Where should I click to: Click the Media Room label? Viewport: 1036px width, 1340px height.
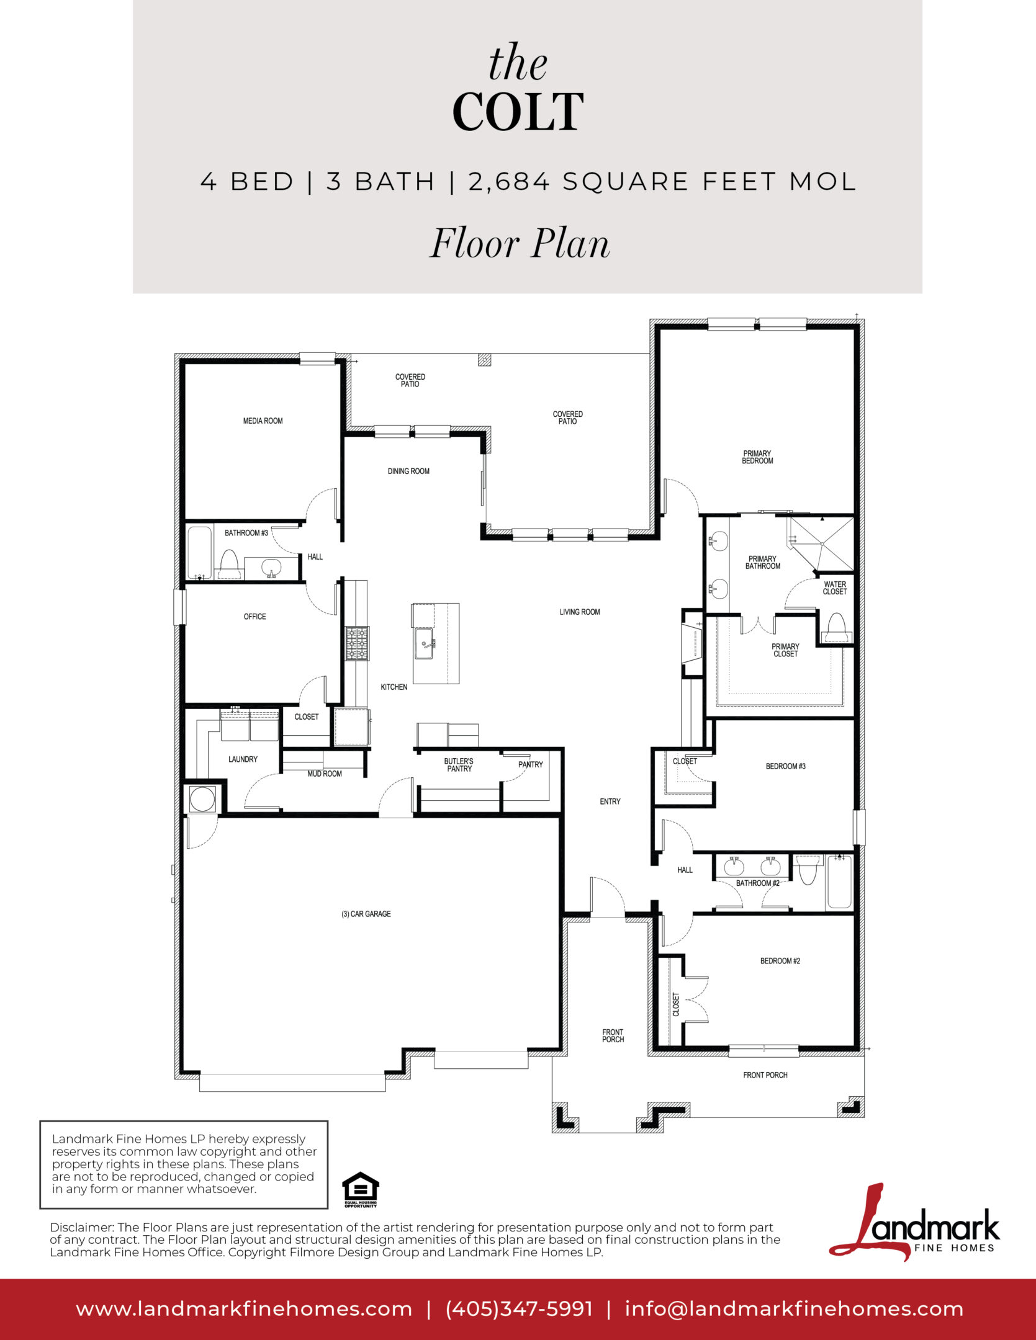coord(263,421)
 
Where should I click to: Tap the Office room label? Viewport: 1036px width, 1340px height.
coord(254,617)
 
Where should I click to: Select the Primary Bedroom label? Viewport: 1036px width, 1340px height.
coord(757,457)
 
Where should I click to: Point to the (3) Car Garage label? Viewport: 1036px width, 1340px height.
coord(366,914)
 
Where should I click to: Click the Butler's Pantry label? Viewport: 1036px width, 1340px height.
coord(459,765)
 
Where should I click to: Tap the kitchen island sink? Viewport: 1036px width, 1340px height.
coord(424,642)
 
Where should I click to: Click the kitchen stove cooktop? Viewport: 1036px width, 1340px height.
coord(357,643)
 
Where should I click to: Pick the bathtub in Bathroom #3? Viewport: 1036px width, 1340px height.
coord(200,553)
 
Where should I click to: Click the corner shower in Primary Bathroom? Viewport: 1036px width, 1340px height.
coord(821,543)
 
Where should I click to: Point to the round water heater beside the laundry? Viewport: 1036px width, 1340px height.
coord(202,799)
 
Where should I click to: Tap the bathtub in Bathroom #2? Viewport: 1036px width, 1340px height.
coord(839,882)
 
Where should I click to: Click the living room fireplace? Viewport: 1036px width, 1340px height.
coord(691,645)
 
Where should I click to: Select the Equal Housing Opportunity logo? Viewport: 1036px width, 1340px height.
coord(361,1190)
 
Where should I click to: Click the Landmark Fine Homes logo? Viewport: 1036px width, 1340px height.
coord(914,1222)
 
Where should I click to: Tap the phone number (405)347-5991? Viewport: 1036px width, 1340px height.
coord(519,1309)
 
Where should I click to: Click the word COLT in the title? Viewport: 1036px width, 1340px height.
coord(518,112)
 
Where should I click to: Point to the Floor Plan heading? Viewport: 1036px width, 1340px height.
coord(520,243)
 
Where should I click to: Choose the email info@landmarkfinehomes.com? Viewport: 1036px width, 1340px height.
coord(794,1309)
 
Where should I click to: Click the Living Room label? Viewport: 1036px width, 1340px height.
coord(580,612)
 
